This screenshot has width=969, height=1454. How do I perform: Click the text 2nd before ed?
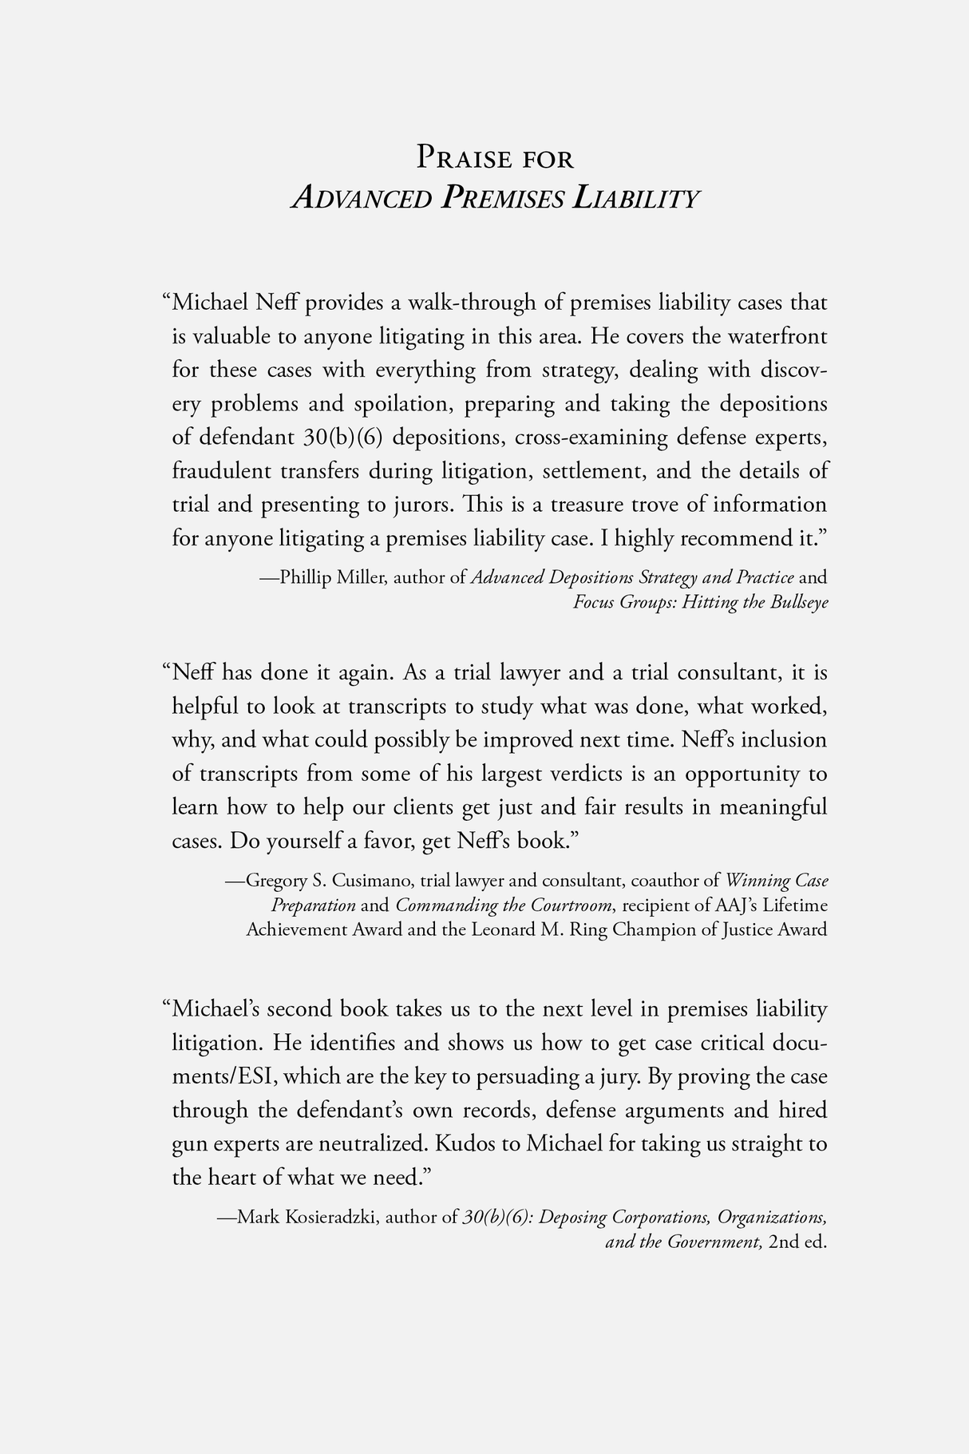[784, 1242]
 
